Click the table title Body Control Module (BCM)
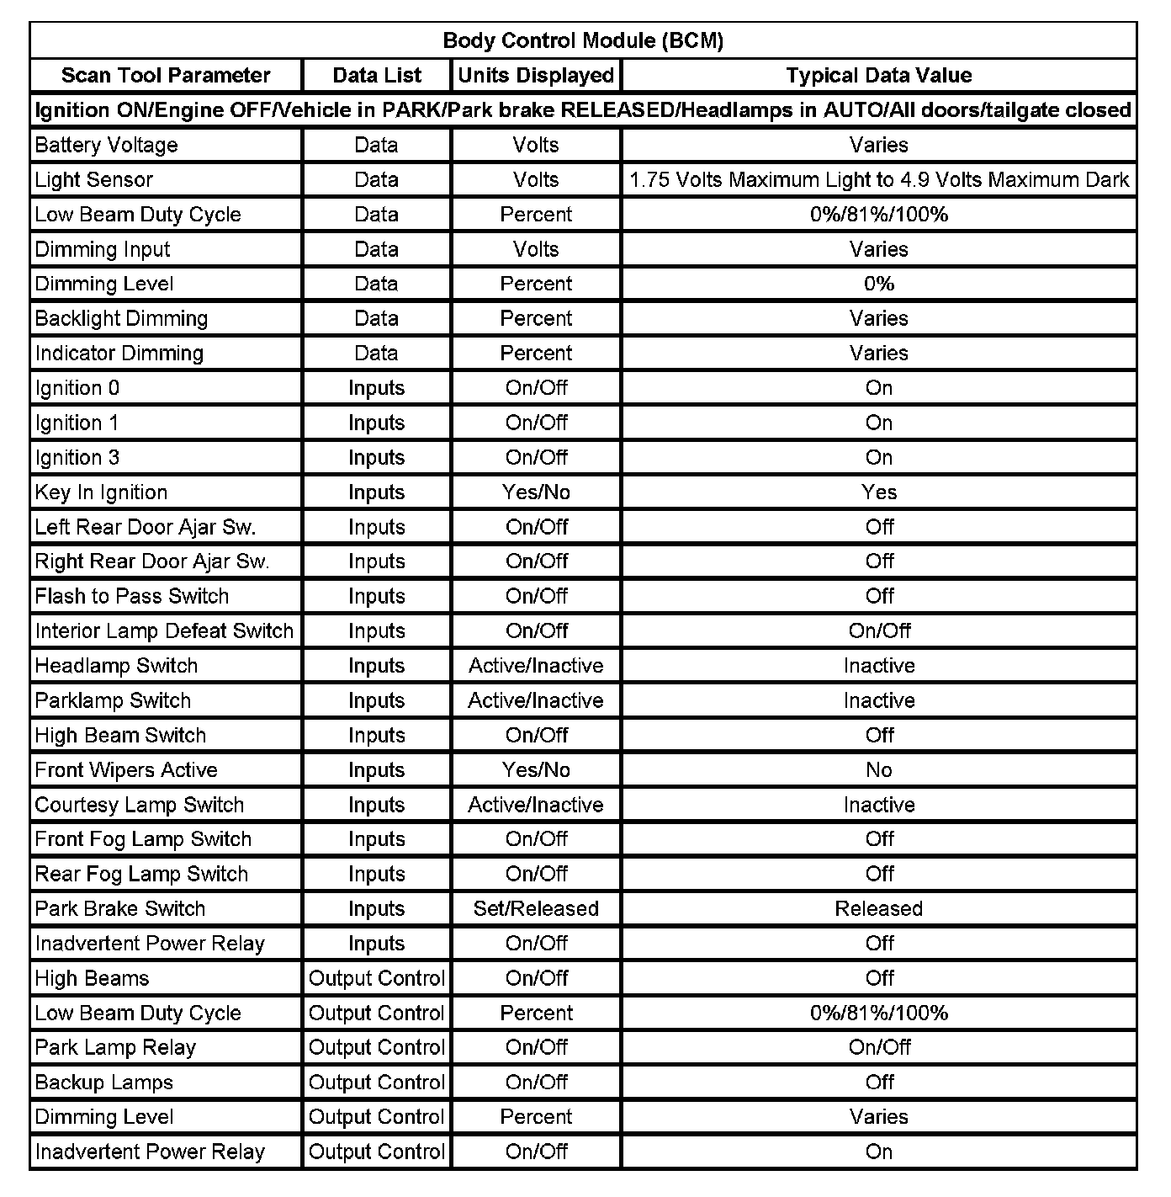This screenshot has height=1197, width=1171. click(583, 40)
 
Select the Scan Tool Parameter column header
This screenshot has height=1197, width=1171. click(166, 75)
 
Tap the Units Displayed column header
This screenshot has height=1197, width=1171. click(536, 75)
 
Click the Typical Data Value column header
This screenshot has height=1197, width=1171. click(879, 75)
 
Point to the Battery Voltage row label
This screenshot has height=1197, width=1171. click(106, 145)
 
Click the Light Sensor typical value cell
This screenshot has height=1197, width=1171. click(879, 179)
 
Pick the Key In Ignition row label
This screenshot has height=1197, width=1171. click(101, 492)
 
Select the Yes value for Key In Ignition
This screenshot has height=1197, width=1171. click(879, 492)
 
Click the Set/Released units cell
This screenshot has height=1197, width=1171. click(536, 908)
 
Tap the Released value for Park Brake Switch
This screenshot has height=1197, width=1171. click(879, 908)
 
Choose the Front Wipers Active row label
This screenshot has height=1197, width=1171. click(126, 769)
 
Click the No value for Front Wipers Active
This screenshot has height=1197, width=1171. click(879, 769)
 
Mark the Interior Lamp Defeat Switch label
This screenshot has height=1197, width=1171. click(164, 630)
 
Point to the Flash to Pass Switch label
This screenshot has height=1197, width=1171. click(132, 596)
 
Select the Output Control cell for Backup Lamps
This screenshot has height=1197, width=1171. click(376, 1082)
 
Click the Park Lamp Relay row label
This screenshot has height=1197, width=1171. click(115, 1047)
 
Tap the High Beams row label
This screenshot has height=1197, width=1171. click(92, 978)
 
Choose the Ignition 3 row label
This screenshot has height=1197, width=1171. click(77, 457)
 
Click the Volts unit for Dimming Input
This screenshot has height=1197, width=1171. click(536, 249)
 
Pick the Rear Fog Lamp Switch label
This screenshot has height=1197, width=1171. click(141, 874)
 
